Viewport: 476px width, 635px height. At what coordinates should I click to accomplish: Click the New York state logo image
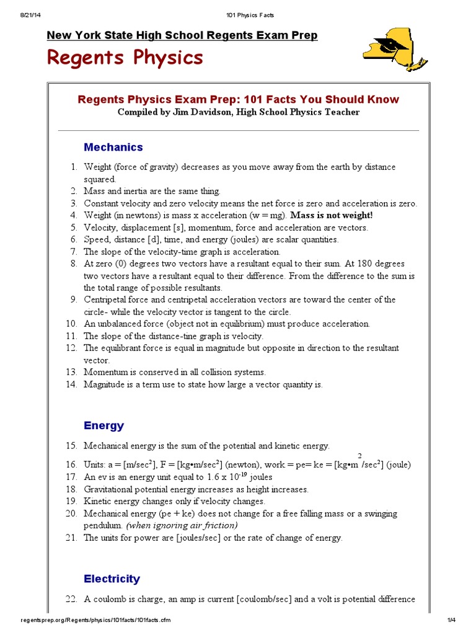coord(394,50)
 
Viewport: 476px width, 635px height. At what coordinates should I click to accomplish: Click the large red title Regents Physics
coord(125,58)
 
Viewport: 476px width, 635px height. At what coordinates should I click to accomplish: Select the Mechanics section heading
coord(113,148)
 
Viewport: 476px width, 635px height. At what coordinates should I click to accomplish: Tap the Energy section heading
coord(104,426)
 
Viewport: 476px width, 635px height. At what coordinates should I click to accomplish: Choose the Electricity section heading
coord(112,579)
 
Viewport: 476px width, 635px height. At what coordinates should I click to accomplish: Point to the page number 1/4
coord(451,620)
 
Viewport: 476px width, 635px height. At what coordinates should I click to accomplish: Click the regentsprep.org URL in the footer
coord(96,620)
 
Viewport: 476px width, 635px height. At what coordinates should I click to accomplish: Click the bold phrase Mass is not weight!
coord(332,215)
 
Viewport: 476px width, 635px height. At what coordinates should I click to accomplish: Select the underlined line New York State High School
coord(182,35)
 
